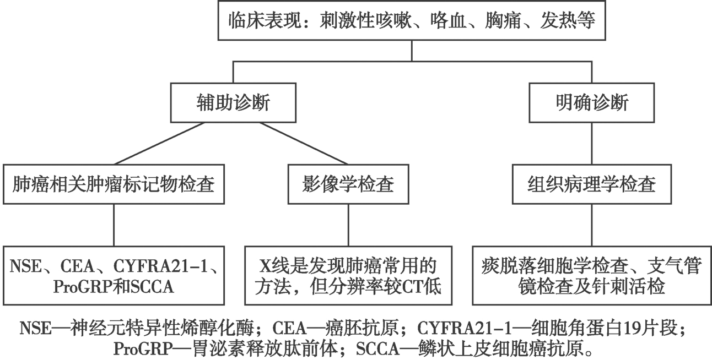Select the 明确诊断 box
tap(592, 103)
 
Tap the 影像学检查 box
tap(348, 184)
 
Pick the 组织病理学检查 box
tap(592, 184)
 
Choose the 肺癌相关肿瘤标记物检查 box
tap(114, 184)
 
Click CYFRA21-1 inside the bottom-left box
tap(165, 268)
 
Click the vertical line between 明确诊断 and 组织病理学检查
tap(592, 143)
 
